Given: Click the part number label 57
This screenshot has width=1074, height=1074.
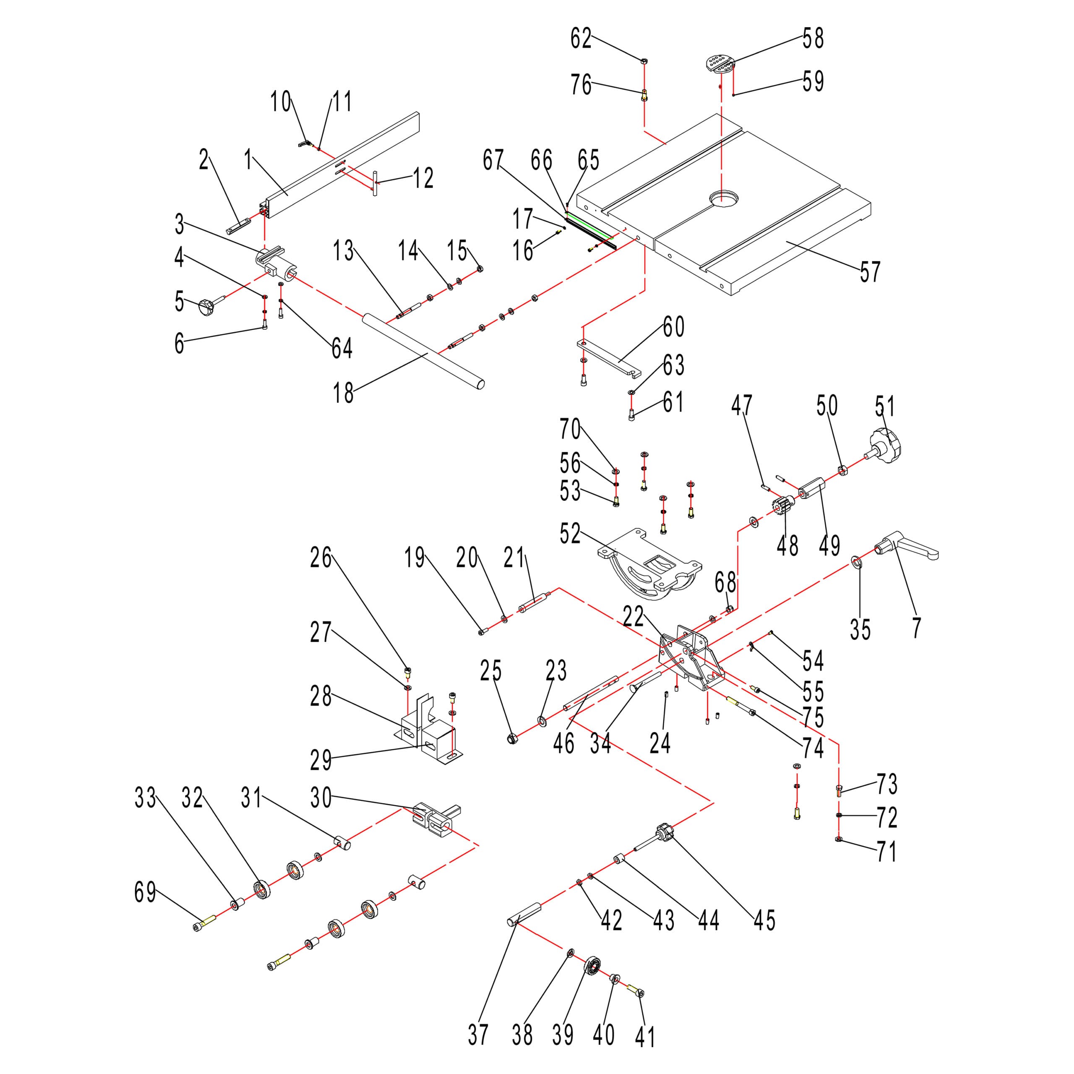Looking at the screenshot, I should [871, 271].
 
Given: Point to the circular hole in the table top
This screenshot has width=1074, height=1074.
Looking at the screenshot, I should [725, 198].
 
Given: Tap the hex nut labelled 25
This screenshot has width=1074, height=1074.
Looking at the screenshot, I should [513, 738].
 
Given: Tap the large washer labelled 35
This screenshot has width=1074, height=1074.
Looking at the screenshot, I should [857, 563].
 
